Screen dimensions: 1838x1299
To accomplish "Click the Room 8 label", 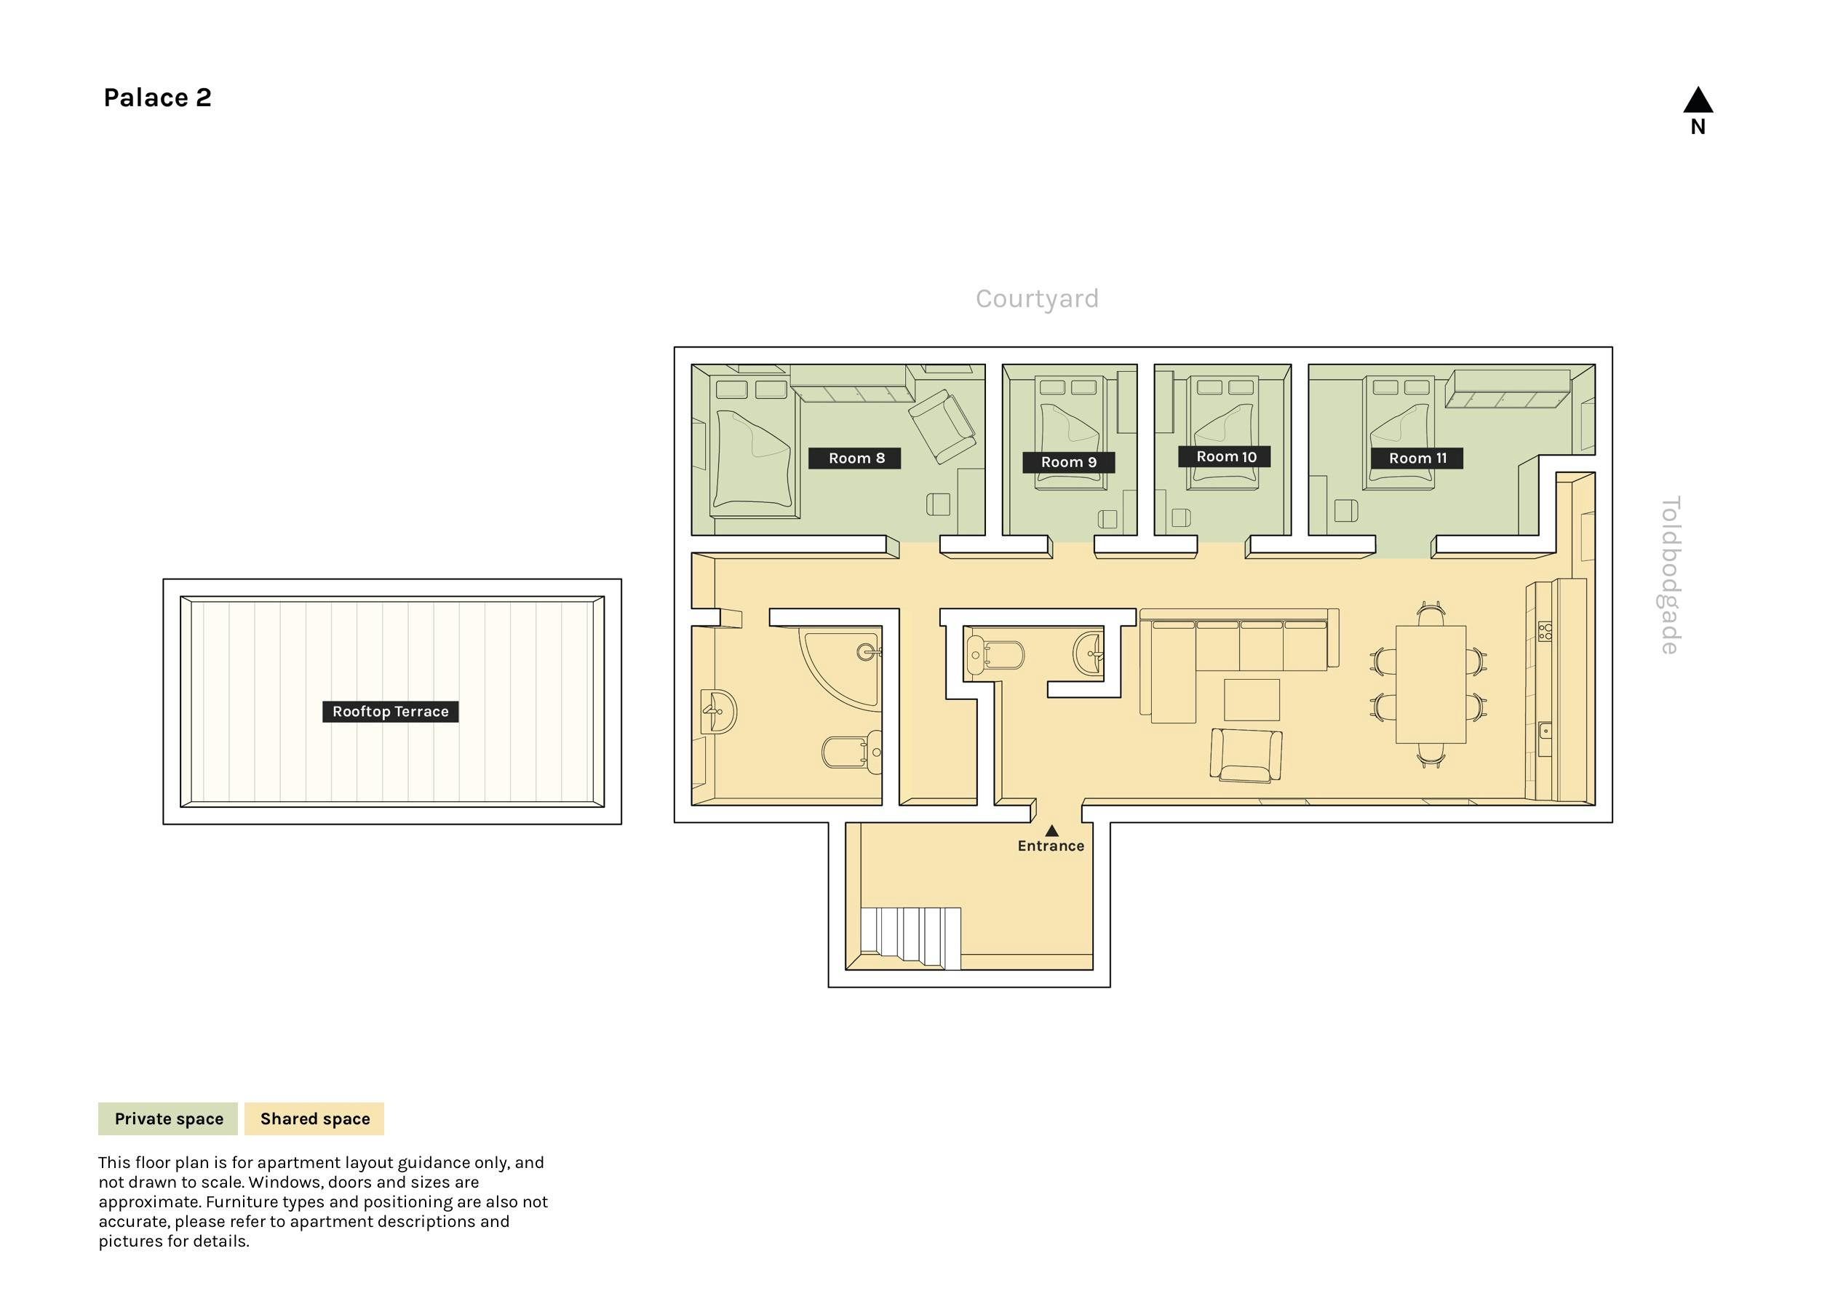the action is [855, 458].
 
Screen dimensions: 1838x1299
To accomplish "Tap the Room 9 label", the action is [1069, 462].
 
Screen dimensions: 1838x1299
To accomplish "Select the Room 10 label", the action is [1225, 456].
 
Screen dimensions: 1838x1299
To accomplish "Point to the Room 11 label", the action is [1417, 458].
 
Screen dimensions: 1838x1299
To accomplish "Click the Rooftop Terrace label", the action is [391, 711].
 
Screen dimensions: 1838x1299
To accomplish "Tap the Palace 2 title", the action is [158, 98].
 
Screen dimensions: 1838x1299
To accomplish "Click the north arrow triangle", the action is [1698, 100].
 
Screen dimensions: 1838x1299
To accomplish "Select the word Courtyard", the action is [1037, 298].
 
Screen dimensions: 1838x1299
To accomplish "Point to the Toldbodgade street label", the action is [1671, 575].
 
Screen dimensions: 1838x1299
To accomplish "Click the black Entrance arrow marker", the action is [1052, 831].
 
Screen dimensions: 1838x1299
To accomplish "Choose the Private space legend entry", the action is [168, 1119].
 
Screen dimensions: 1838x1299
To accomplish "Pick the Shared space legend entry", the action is [314, 1119].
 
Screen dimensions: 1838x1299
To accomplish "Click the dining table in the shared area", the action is [1431, 685].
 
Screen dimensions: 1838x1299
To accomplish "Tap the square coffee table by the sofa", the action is [1252, 700].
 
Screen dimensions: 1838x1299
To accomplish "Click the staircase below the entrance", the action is [910, 939].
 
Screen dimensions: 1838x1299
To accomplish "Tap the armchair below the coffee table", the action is [1246, 755].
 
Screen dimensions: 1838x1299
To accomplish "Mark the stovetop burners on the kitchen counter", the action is [1545, 632].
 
